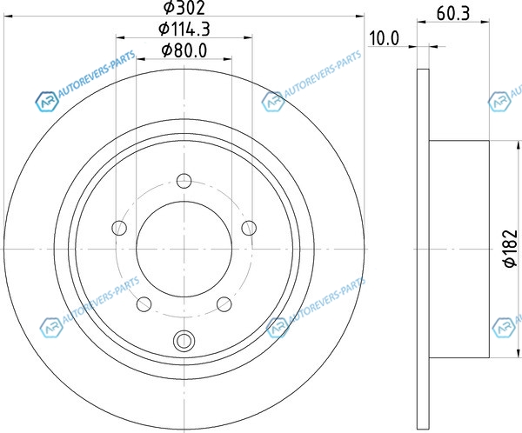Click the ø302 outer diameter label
[x=184, y=8]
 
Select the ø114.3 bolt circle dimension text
[x=184, y=29]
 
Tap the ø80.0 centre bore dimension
[x=184, y=50]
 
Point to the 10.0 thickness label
[x=384, y=38]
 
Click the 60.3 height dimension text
[x=453, y=14]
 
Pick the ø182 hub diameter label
[x=511, y=249]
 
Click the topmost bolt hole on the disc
[x=184, y=181]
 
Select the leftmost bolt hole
[x=119, y=228]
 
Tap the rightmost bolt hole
[x=249, y=228]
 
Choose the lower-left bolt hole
[x=144, y=304]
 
